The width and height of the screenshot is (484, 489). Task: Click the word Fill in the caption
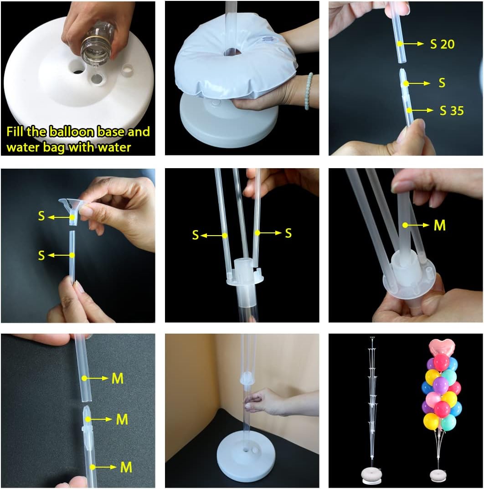pyautogui.click(x=17, y=132)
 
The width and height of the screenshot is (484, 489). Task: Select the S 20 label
pyautogui.click(x=443, y=44)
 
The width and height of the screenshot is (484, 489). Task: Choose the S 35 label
pyautogui.click(x=452, y=110)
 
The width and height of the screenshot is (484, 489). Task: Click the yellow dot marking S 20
pyautogui.click(x=399, y=44)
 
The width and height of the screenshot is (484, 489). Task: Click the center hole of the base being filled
pyautogui.click(x=78, y=68)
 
